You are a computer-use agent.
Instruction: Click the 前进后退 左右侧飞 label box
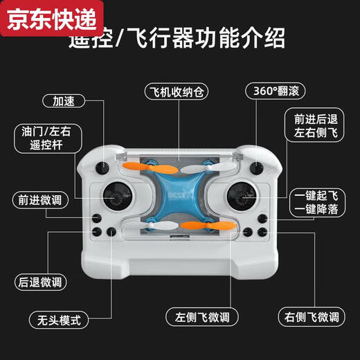(x=315, y=125)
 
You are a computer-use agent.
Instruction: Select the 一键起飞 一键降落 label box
(x=315, y=201)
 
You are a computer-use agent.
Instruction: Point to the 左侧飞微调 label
(x=201, y=317)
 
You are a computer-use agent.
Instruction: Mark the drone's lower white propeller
(x=149, y=226)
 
